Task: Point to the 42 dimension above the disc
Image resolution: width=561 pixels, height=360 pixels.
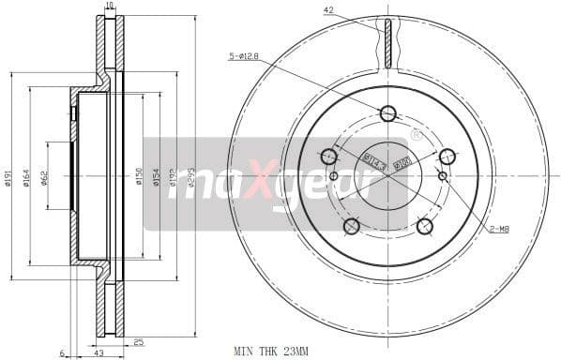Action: click(328, 10)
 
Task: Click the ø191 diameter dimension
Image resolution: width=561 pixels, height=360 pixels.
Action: click(8, 177)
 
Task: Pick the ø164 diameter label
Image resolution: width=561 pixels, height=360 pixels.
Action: click(28, 177)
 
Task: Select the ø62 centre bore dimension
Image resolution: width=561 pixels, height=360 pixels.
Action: click(44, 177)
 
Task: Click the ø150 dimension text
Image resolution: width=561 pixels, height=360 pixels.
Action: click(139, 177)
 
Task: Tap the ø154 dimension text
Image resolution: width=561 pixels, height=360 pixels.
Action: click(157, 177)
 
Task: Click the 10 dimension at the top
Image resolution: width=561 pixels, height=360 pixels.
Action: click(110, 6)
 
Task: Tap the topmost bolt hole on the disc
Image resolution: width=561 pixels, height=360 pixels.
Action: click(387, 113)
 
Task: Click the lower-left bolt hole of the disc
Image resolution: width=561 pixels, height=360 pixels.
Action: click(352, 226)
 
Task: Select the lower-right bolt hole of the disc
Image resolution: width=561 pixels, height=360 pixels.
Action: click(424, 226)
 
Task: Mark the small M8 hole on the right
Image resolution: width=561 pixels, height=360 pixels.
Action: click(443, 175)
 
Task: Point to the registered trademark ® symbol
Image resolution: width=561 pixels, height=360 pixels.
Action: click(416, 135)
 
